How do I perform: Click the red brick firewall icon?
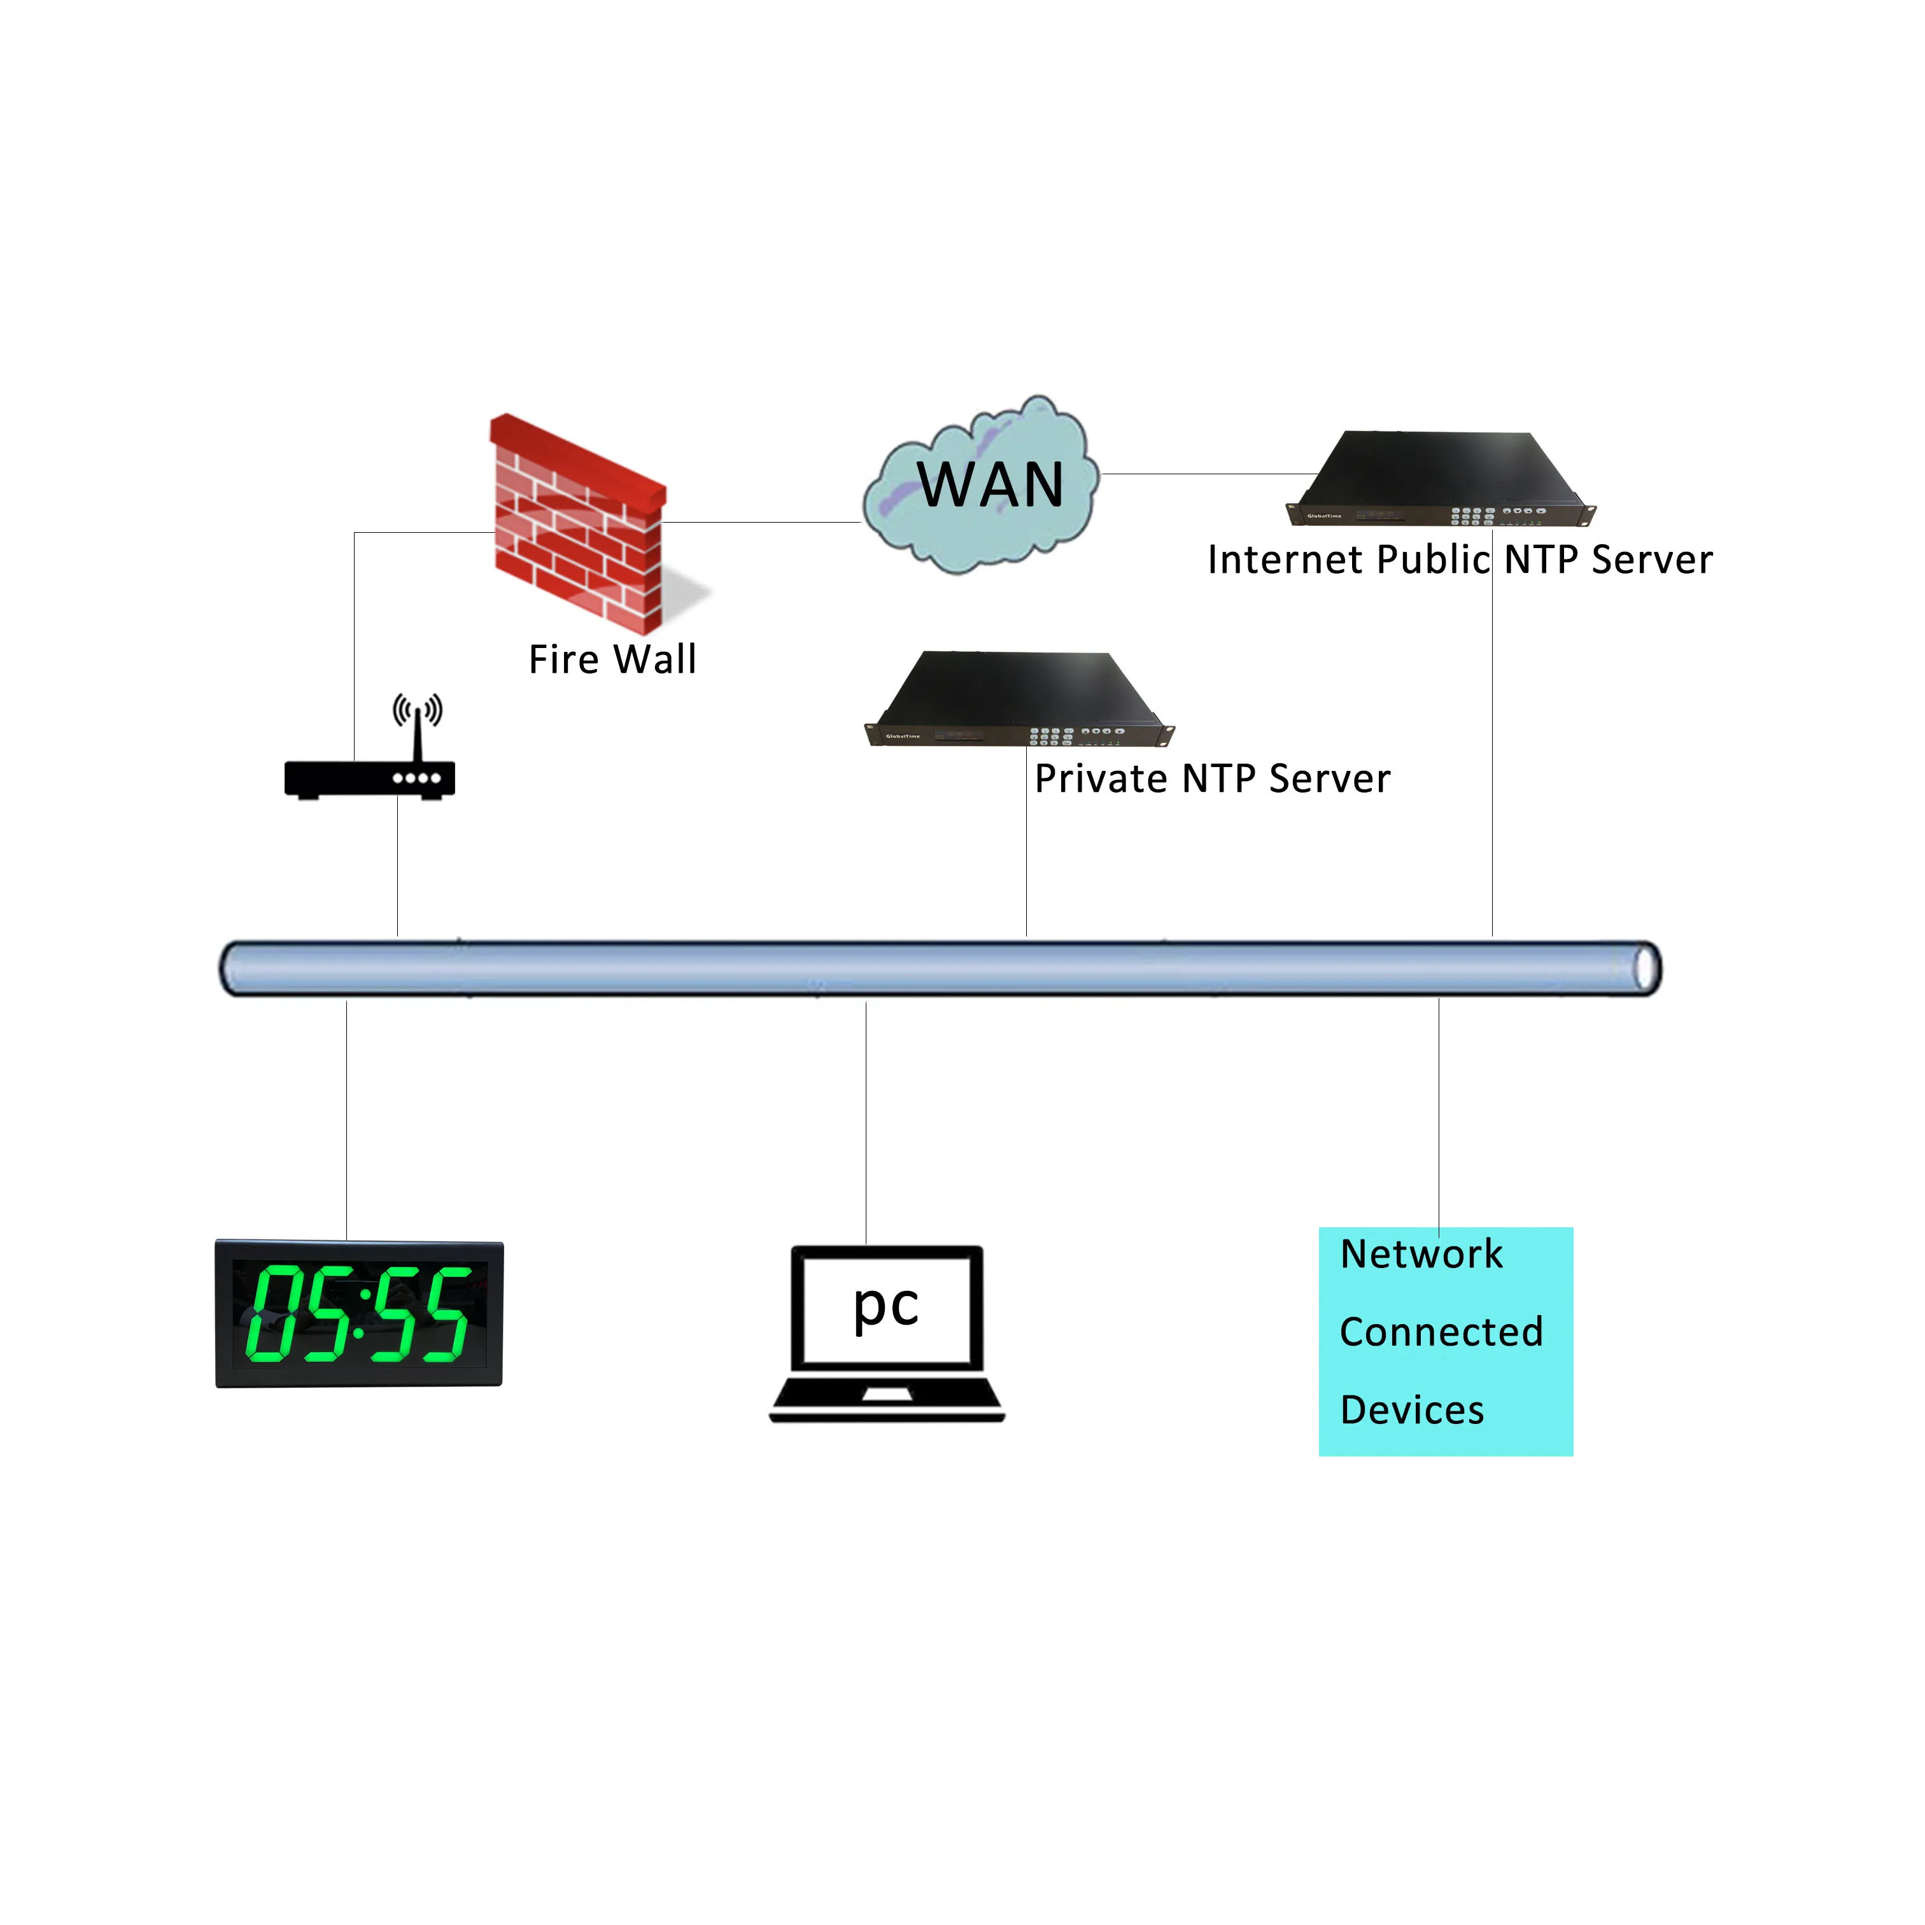coord(579,524)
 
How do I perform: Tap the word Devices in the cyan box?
coord(1413,1411)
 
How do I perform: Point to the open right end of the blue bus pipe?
coord(1646,968)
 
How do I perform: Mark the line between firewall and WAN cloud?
coord(762,522)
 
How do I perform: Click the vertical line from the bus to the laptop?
coord(866,1123)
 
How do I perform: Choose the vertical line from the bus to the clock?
coord(347,1120)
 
